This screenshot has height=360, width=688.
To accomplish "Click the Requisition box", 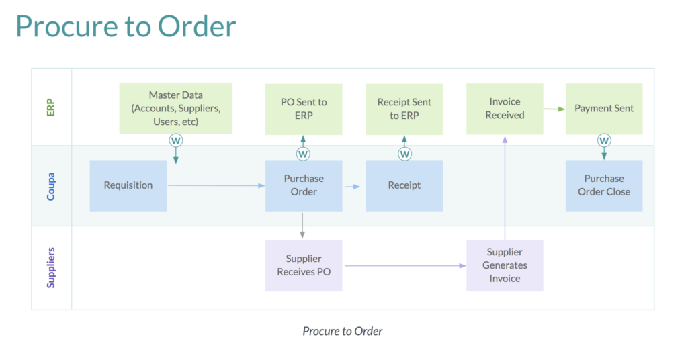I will point(128,185).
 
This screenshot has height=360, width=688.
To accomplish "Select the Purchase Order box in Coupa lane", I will point(304,185).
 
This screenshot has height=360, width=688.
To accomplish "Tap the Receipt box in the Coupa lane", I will point(404,185).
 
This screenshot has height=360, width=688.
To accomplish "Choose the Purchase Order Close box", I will point(603,185).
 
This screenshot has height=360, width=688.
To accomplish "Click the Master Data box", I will point(175,108).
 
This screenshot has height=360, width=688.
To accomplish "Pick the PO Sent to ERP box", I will point(304,109).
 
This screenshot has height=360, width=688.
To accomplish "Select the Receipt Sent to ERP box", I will point(404,109).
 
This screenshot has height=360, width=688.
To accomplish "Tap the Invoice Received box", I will point(505,109).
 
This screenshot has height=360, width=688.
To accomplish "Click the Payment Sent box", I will point(603,109).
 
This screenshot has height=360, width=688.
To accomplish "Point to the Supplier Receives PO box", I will point(304,265).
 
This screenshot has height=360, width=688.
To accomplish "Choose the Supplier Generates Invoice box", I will point(505,265).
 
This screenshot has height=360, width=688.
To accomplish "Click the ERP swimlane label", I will point(51,107).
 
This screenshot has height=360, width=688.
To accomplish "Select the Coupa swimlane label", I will point(51,186).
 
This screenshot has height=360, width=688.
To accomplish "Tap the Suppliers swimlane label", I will point(51,267).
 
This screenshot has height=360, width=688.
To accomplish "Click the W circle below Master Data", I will point(176,140).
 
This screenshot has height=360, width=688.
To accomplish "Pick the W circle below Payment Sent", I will point(604,140).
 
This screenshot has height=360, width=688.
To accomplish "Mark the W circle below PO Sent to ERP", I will point(303,154).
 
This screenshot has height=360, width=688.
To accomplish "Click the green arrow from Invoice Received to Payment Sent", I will point(553,108).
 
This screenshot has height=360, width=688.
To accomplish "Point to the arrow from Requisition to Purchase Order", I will point(215,186).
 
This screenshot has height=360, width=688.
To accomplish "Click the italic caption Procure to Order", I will point(343,331).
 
